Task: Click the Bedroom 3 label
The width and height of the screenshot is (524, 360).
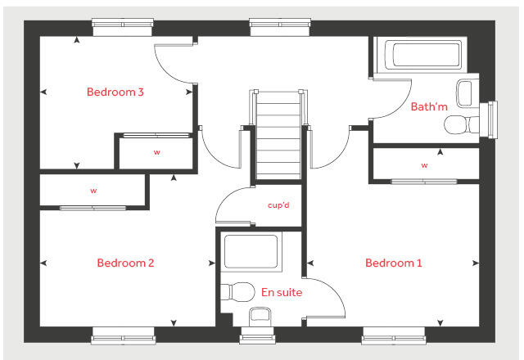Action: tap(115, 92)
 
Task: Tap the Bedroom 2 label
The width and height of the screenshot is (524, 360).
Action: tap(125, 263)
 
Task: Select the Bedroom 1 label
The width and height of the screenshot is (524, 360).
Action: tap(394, 263)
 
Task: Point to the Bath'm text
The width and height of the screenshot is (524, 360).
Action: tap(430, 106)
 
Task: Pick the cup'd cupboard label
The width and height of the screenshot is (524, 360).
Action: tap(279, 205)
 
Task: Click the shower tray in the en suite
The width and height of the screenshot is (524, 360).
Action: tap(251, 252)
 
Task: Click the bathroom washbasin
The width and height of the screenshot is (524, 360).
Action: tap(465, 92)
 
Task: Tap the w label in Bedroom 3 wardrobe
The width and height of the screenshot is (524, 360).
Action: tap(156, 152)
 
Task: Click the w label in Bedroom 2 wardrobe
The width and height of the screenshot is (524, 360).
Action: tap(93, 191)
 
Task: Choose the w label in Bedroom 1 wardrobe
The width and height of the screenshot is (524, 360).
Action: tap(424, 165)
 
